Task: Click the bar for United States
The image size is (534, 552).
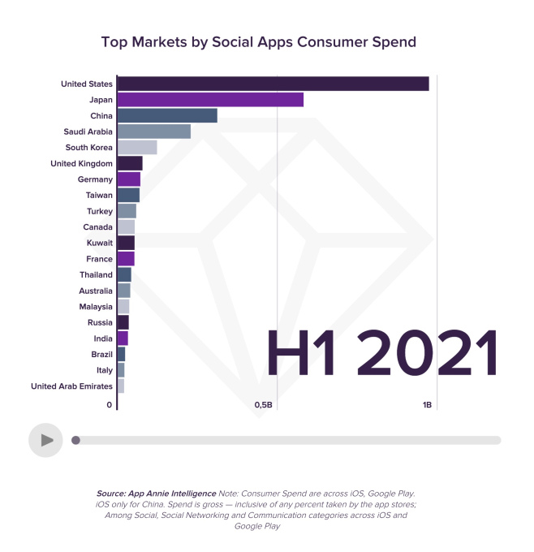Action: click(x=273, y=84)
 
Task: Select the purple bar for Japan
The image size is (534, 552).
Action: click(x=210, y=100)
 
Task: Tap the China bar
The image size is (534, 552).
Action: click(x=167, y=115)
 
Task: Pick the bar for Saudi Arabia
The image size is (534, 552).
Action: click(x=154, y=132)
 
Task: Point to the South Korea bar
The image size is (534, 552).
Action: click(x=137, y=147)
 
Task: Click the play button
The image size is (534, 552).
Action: click(x=45, y=440)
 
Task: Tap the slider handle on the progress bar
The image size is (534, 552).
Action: click(x=75, y=440)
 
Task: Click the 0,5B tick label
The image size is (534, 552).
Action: click(x=264, y=404)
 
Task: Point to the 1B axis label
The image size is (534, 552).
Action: click(x=427, y=404)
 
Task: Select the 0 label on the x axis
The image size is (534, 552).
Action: click(x=110, y=404)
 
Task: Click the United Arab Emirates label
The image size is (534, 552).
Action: click(x=71, y=386)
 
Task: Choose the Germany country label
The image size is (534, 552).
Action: click(x=95, y=179)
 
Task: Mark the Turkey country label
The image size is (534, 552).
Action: click(x=98, y=211)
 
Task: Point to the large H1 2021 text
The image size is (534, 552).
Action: click(x=381, y=352)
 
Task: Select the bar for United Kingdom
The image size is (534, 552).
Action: click(x=130, y=163)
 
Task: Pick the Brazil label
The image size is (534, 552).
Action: click(x=101, y=354)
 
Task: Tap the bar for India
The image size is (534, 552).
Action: click(x=123, y=338)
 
